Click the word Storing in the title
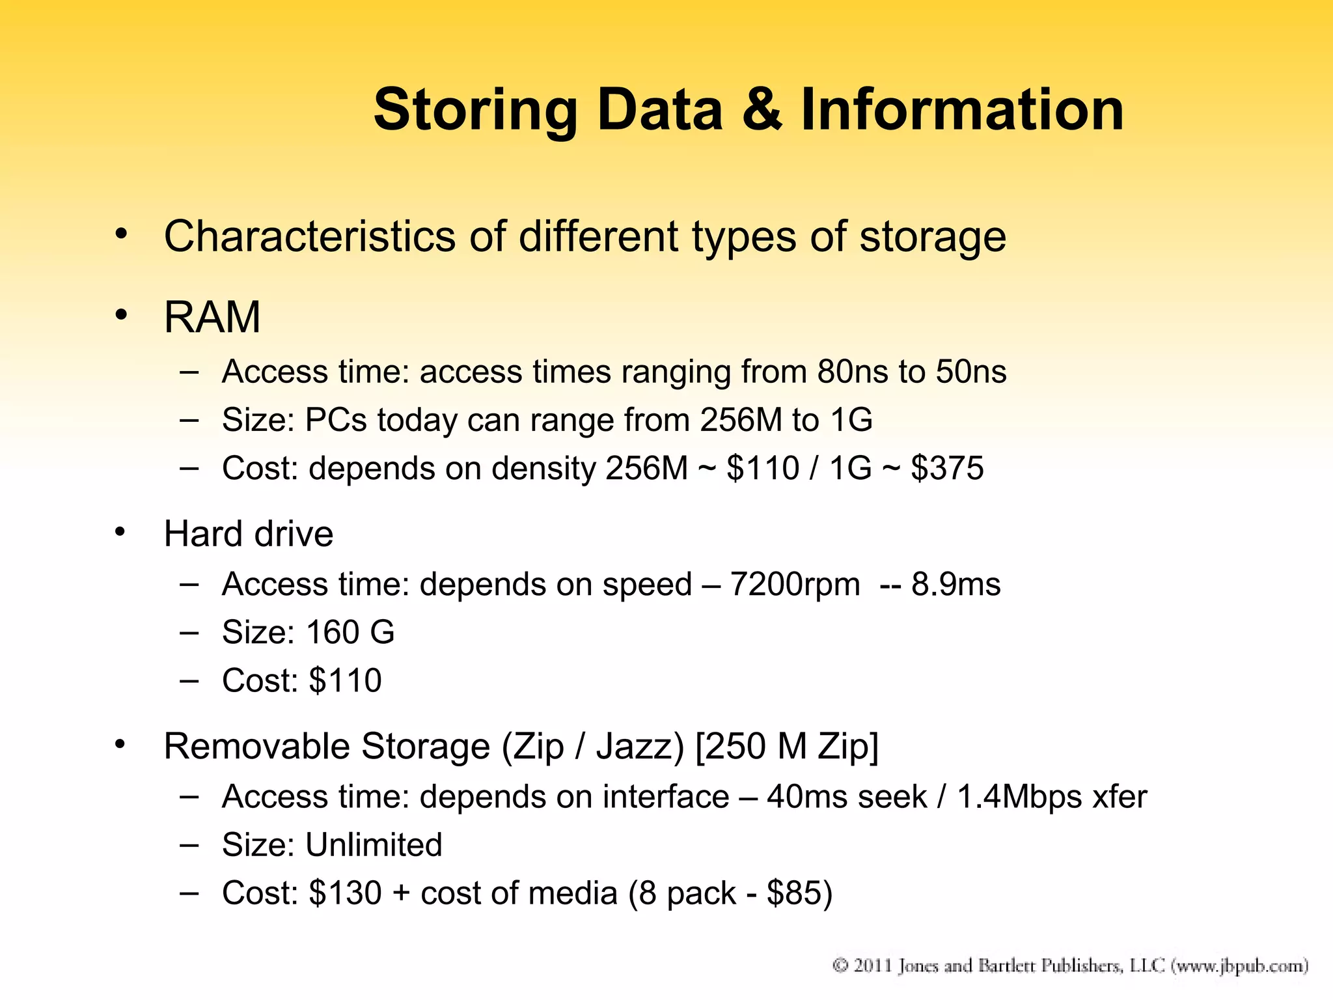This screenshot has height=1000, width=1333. (475, 111)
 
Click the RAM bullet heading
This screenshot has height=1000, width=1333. (212, 318)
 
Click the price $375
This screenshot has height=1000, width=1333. (947, 468)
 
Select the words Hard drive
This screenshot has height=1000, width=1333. (249, 534)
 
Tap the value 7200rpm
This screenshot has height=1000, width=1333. (795, 584)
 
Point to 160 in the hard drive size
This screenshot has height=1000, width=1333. (332, 632)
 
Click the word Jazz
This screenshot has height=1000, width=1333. (640, 746)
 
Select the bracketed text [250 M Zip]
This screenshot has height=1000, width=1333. (787, 746)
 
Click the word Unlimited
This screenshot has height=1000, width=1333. (374, 845)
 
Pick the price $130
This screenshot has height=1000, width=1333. (345, 893)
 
